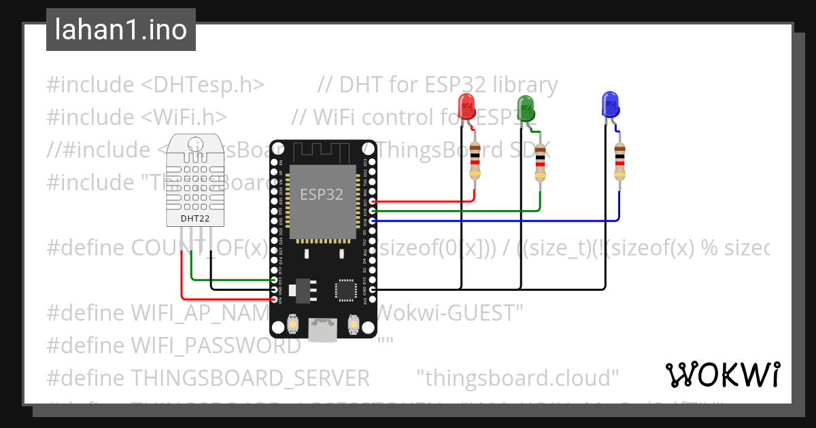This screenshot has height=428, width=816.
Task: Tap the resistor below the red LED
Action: pos(475,161)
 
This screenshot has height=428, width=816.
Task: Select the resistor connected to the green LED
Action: pos(540,163)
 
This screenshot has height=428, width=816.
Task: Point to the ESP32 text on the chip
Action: pos(322,194)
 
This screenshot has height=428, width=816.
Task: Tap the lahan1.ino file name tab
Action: pos(121,30)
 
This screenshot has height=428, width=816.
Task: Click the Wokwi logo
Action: pos(722,374)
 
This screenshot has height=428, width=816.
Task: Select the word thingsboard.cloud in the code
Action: pos(517,377)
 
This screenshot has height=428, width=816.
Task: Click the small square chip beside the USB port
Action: pos(345,290)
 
